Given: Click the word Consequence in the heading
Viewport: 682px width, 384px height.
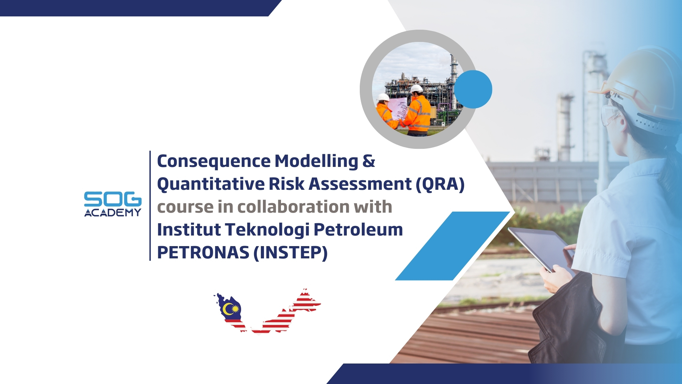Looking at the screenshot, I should click(214, 161).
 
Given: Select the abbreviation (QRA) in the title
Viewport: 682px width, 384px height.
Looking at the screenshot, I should click(440, 184).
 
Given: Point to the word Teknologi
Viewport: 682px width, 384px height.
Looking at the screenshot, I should click(267, 230).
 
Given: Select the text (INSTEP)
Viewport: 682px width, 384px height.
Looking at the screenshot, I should click(291, 253).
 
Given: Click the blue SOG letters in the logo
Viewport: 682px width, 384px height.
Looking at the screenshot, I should click(113, 199).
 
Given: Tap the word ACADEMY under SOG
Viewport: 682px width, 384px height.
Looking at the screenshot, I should click(113, 213).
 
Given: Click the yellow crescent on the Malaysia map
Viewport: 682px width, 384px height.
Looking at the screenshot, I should click(226, 309).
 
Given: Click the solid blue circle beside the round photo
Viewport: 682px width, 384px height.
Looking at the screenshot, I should click(473, 89).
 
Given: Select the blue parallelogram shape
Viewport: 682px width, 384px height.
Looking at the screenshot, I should click(453, 246).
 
